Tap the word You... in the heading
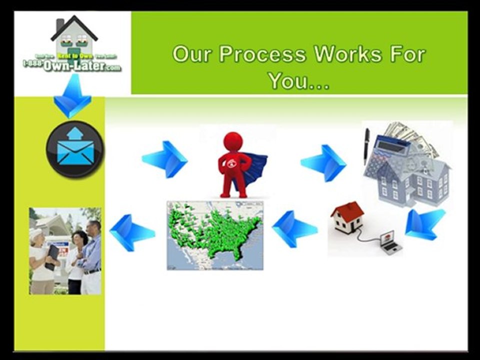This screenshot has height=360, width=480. point(298,80)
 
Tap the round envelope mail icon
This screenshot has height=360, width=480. point(75,149)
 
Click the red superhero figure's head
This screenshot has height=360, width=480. point(232,141)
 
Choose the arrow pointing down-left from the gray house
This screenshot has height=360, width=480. point(424,223)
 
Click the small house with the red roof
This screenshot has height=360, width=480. point(347,217)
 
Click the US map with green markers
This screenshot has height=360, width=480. point(215,235)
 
